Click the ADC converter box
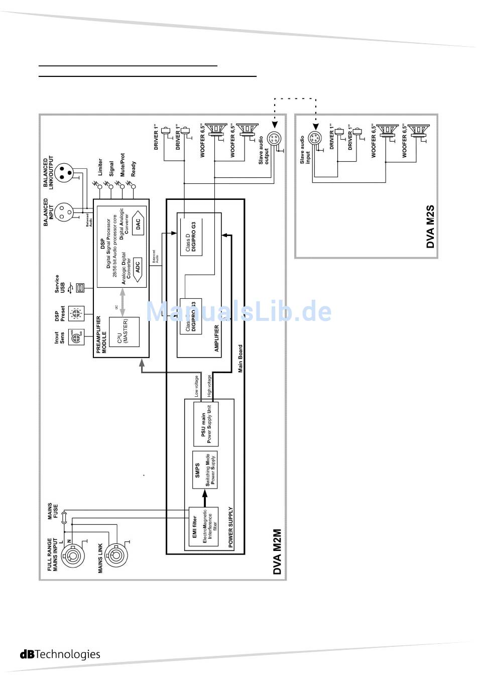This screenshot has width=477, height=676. (138, 267)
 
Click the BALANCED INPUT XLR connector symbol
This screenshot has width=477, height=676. (65, 211)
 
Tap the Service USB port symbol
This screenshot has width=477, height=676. (79, 288)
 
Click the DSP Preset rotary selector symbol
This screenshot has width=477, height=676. (77, 314)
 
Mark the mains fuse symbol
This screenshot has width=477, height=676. (64, 517)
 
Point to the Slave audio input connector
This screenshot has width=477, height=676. (314, 139)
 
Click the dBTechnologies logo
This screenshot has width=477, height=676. (60, 654)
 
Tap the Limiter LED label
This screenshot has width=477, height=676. (100, 168)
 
